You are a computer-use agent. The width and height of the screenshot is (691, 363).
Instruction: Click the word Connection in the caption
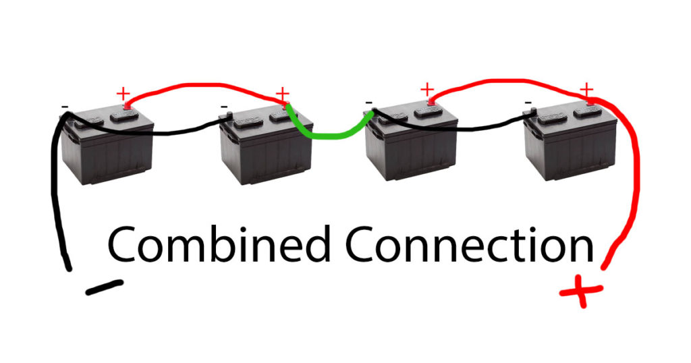coord(470,244)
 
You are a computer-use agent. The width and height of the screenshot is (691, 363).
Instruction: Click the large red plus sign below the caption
coord(581,291)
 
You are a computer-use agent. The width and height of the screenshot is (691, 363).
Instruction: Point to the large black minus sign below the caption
coord(105,287)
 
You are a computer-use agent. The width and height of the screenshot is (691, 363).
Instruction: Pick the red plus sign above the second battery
coord(282,94)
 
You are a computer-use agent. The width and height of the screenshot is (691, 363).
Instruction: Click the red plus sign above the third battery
coord(427,90)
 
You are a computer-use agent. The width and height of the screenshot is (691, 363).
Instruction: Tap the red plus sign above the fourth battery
coord(586,90)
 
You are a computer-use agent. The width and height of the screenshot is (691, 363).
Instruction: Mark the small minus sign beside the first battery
coord(65,107)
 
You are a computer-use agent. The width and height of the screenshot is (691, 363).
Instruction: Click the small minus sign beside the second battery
coord(224,107)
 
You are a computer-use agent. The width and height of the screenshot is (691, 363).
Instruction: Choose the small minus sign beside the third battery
coord(368,103)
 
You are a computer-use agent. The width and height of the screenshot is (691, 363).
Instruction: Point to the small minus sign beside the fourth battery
coord(528,103)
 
